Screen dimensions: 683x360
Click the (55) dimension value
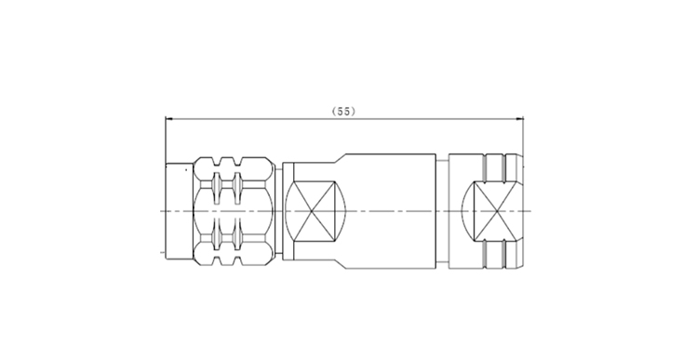(343, 112)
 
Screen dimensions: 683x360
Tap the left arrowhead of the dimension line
(169, 118)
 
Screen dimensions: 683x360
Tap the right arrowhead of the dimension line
(519, 118)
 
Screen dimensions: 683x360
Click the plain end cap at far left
(179, 211)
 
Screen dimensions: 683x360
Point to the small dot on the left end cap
(186, 169)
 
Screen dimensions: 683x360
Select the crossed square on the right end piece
(497, 211)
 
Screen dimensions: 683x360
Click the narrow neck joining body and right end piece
(442, 211)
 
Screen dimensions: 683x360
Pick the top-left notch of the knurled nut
(217, 162)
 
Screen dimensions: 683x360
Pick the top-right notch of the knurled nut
(237, 162)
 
